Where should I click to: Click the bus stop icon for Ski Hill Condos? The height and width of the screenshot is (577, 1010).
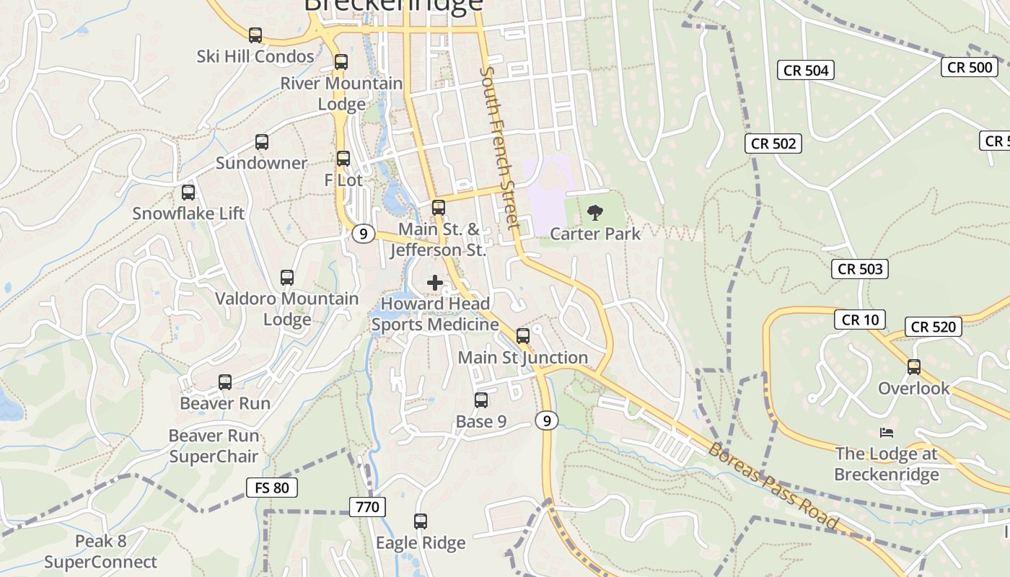(x=255, y=35)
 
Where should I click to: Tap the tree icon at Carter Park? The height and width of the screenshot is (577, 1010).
(x=595, y=212)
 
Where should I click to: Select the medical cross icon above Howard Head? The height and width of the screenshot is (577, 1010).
(x=435, y=283)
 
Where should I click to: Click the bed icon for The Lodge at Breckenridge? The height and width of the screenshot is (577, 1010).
(x=887, y=433)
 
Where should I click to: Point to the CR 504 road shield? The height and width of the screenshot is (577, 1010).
(x=806, y=70)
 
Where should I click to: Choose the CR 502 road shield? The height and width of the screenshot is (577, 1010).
(x=773, y=144)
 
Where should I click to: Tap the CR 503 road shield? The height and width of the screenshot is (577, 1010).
(x=860, y=269)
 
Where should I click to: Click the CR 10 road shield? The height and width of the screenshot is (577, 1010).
(x=860, y=320)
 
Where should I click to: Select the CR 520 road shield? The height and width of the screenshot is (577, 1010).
(x=933, y=327)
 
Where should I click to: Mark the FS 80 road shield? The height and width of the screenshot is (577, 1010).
(x=271, y=488)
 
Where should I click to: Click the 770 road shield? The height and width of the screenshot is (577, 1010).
(x=367, y=507)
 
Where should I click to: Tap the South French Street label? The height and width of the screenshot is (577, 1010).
(x=499, y=148)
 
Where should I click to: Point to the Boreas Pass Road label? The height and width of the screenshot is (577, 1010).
(x=773, y=487)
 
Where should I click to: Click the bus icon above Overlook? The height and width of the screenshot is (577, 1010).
(x=914, y=367)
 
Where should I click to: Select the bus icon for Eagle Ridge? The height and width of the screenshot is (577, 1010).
(x=421, y=521)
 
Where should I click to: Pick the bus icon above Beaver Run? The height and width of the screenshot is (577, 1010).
(x=225, y=382)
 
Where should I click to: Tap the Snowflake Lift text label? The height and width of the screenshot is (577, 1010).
(x=188, y=213)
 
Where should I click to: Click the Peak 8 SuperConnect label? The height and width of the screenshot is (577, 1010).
(x=100, y=552)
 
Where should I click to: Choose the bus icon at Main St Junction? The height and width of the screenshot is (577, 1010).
(x=523, y=335)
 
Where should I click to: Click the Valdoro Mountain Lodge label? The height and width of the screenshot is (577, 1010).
(x=286, y=309)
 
